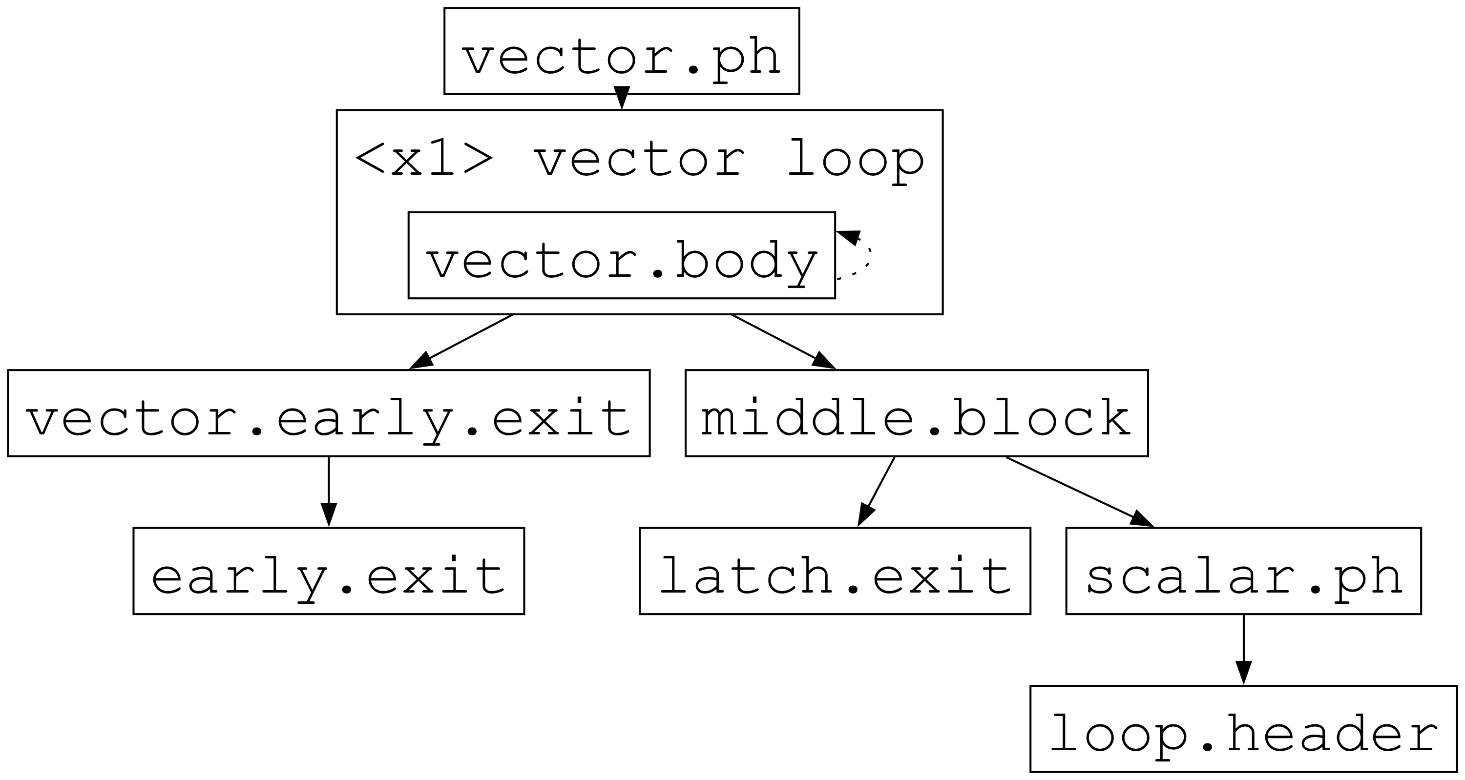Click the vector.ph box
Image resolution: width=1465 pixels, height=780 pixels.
point(621,51)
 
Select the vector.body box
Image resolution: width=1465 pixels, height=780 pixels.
point(621,255)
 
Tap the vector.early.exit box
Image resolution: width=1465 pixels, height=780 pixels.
point(328,413)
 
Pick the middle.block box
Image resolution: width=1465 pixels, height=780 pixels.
point(916,413)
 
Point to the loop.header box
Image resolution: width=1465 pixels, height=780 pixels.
point(1243,729)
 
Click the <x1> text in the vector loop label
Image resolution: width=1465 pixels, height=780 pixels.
point(424,159)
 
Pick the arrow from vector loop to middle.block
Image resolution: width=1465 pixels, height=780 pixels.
point(783,341)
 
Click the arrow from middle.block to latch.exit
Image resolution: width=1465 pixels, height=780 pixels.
point(876,492)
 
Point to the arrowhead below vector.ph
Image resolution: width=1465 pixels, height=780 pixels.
point(622,98)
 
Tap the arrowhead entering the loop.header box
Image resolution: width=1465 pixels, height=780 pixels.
point(1243,674)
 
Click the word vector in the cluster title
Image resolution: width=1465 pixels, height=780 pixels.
point(639,159)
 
